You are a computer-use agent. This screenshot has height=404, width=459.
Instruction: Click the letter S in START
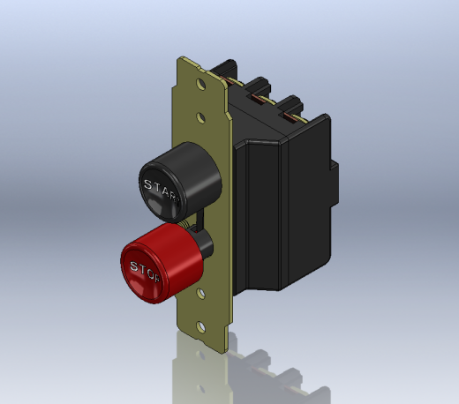(147, 183)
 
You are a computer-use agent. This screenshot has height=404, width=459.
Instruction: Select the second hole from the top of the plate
(201, 116)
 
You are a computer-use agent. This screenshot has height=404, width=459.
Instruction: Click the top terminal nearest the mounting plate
(228, 71)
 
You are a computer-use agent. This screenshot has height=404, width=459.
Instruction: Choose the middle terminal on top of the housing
(260, 89)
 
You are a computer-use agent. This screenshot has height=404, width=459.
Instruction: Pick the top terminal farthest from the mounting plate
(291, 110)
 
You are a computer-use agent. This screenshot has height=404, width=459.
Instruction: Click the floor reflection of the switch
(256, 370)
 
